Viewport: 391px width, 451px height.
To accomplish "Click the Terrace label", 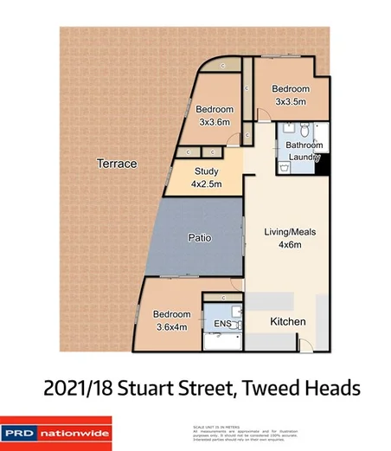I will [117, 163].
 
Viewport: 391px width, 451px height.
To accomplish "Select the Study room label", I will [207, 171].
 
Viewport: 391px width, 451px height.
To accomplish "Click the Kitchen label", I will [288, 322].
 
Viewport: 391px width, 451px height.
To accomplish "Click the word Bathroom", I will [304, 145].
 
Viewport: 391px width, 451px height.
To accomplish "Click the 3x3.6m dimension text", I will [214, 121].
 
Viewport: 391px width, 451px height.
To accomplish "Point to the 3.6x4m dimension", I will [172, 326].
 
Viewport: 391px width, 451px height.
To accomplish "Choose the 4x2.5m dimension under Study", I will [207, 184].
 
